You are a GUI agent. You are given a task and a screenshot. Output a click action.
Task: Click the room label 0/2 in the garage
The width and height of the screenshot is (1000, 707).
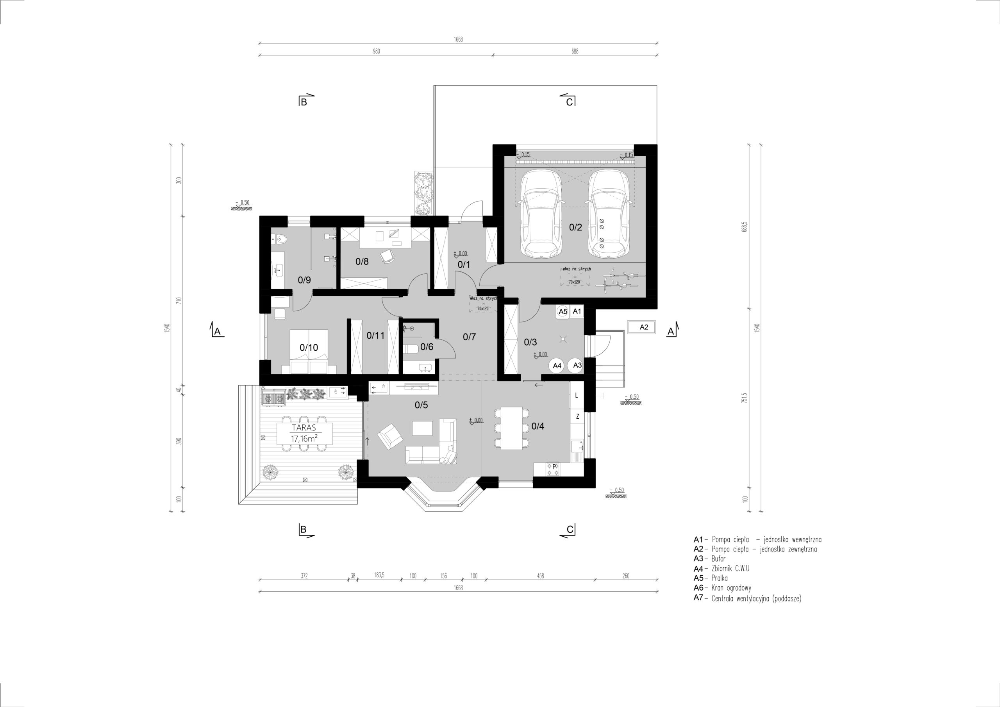pyautogui.click(x=575, y=227)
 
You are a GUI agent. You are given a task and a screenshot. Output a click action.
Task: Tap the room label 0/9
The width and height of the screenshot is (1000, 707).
pyautogui.click(x=304, y=280)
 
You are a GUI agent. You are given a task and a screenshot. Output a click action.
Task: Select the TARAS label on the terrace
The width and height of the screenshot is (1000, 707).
pyautogui.click(x=304, y=428)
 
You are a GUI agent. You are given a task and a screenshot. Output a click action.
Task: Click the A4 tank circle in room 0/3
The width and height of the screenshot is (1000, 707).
pyautogui.click(x=557, y=366)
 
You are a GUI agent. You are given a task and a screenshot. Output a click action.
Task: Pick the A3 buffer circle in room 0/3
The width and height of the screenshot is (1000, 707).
pyautogui.click(x=577, y=366)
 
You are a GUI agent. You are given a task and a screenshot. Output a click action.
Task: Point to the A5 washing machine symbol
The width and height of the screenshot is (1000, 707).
pyautogui.click(x=563, y=311)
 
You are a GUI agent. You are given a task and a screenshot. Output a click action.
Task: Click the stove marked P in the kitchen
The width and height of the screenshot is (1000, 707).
pyautogui.click(x=554, y=469)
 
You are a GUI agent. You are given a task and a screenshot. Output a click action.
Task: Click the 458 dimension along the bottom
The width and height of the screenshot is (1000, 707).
pyautogui.click(x=541, y=576)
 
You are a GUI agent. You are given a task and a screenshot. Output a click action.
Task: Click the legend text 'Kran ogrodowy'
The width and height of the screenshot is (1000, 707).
pyautogui.click(x=731, y=589)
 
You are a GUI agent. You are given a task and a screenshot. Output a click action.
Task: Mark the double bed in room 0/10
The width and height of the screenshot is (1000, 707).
pyautogui.click(x=309, y=352)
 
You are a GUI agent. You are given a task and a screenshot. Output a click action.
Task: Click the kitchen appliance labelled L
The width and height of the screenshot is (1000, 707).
pyautogui.click(x=577, y=396)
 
